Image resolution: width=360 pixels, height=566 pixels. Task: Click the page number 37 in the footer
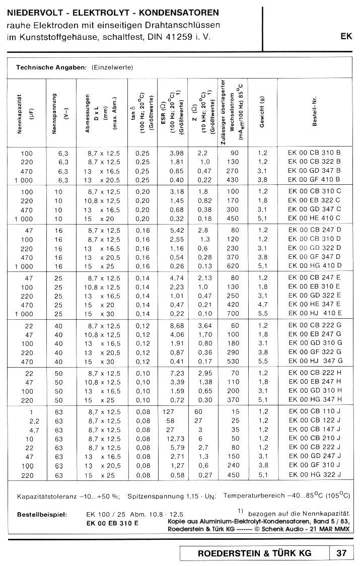tap(341, 553)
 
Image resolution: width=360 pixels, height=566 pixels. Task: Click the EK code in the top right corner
tap(346, 36)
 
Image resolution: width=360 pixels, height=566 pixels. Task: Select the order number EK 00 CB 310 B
tap(314, 153)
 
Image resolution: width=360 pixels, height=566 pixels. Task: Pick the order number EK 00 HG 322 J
tap(314, 474)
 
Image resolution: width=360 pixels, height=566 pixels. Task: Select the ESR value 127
tap(167, 411)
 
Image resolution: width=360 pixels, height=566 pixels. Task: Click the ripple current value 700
tap(233, 313)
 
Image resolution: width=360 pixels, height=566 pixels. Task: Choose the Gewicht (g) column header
tap(262, 112)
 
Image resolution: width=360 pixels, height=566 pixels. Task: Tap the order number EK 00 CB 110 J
tap(314, 411)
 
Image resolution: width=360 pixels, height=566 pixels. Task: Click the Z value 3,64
tap(204, 325)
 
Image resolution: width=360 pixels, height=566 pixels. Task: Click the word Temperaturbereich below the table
tap(250, 496)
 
